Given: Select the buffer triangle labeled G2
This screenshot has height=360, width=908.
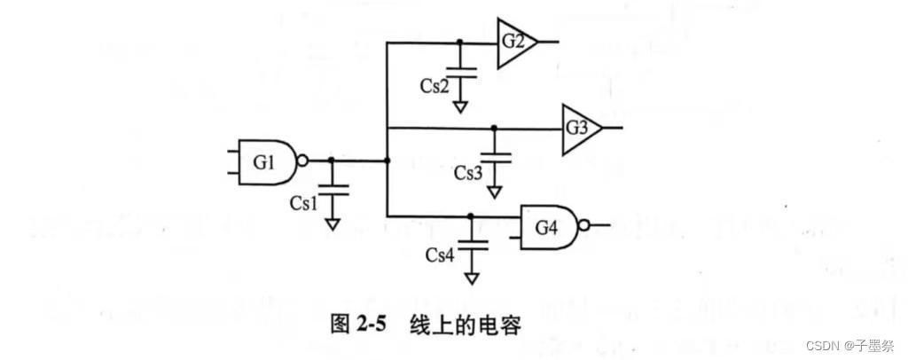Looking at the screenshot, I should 514,43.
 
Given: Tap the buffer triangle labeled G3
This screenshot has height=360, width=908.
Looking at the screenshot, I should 577,128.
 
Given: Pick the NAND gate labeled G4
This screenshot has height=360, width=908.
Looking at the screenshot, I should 546,226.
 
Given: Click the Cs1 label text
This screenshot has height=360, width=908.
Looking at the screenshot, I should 303,202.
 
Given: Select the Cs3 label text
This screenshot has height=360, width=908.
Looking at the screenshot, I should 467,172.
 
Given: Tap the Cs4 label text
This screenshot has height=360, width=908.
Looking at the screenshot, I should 440,255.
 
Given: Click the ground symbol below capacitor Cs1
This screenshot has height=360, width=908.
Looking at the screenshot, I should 332,224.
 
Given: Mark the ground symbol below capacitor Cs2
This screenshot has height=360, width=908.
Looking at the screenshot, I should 460,106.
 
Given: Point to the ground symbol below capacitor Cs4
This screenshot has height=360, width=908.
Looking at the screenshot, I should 471,278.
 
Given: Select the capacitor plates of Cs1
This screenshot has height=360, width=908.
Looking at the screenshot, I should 332,188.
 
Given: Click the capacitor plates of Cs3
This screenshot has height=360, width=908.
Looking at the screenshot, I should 495,157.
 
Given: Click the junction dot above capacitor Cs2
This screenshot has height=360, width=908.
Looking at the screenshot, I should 459,43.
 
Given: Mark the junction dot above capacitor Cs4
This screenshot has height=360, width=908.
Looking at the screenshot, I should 471,215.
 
